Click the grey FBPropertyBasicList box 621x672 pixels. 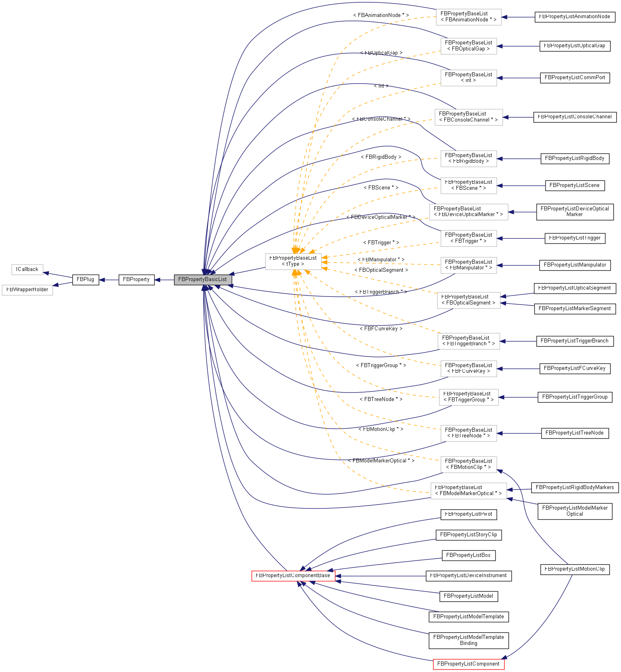click(x=203, y=279)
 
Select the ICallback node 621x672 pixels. click(x=27, y=269)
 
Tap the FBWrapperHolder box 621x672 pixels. click(x=27, y=290)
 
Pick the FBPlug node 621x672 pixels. click(x=86, y=279)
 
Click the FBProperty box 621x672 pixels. click(x=136, y=279)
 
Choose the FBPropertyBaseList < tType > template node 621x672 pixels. click(x=293, y=261)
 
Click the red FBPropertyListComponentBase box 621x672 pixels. click(x=293, y=575)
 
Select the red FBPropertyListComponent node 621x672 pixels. click(x=468, y=664)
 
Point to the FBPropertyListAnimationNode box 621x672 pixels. click(x=575, y=17)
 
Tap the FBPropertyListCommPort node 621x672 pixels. click(x=575, y=78)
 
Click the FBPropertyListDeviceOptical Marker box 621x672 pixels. click(x=575, y=212)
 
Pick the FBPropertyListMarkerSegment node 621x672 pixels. click(x=575, y=309)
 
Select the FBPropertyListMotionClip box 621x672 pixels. click(x=575, y=569)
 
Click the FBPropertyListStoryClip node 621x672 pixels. click(x=468, y=535)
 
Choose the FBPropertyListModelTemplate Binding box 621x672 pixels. click(x=468, y=640)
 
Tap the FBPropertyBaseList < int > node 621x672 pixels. click(x=468, y=78)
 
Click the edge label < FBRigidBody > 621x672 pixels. click(x=381, y=157)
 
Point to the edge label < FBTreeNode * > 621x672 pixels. click(x=381, y=399)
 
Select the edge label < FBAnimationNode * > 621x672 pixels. click(x=381, y=15)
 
